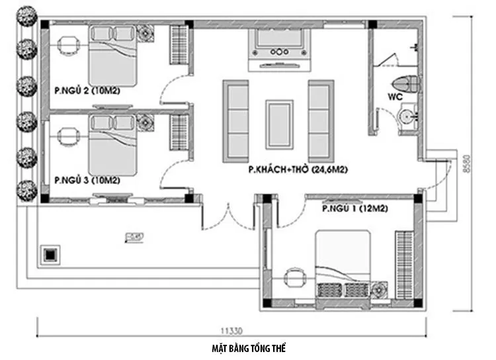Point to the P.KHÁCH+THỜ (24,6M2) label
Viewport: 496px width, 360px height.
click(x=298, y=169)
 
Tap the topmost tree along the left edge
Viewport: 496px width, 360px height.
click(x=26, y=17)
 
